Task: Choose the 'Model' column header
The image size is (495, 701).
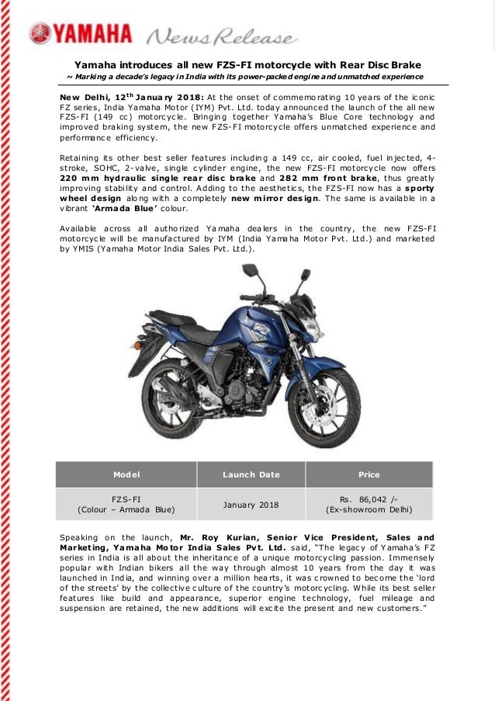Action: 126,474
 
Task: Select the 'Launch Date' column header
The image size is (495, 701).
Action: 251,474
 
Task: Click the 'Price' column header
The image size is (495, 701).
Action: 369,474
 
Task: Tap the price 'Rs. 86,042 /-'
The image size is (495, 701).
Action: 369,498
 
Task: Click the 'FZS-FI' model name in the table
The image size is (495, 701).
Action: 126,498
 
